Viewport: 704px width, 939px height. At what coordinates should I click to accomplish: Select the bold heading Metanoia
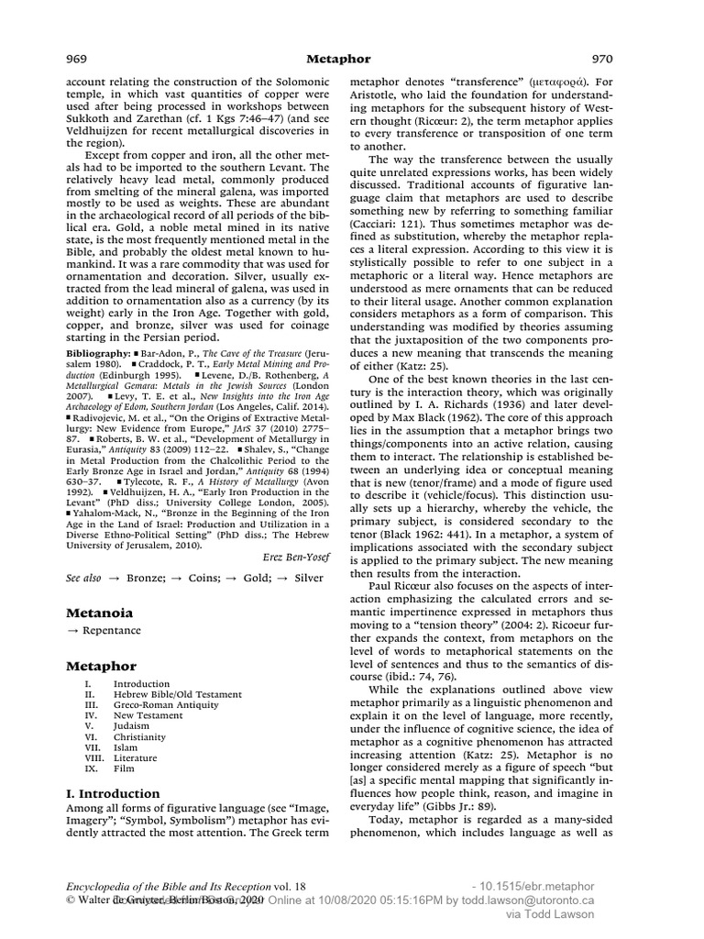100,612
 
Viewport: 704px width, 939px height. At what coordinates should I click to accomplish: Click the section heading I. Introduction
113,793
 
